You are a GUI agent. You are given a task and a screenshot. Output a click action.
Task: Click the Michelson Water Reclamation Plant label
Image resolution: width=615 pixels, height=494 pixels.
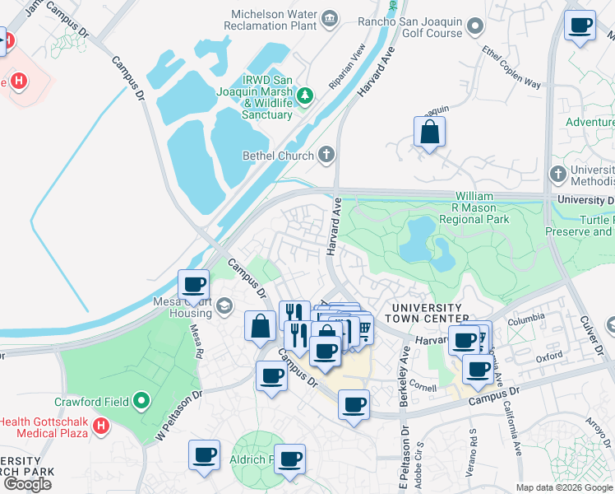[261, 20]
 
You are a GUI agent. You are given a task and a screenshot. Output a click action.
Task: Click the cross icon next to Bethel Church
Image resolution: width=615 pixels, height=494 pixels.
[326, 155]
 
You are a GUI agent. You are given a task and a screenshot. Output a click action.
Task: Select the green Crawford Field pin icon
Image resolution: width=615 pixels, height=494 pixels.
[141, 402]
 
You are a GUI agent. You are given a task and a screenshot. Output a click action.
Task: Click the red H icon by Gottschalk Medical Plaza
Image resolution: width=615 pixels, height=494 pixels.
[100, 426]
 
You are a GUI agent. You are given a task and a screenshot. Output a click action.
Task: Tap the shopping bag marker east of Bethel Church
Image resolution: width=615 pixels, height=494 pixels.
[429, 132]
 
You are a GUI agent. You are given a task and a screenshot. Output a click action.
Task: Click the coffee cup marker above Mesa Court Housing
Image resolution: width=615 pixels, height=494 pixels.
[194, 285]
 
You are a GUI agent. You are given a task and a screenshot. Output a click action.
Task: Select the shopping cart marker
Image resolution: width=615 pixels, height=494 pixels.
[362, 329]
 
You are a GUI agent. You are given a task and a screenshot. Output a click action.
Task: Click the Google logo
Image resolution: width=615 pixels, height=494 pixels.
[28, 484]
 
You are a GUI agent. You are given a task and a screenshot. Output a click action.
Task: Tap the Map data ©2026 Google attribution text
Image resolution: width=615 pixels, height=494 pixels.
[565, 487]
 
